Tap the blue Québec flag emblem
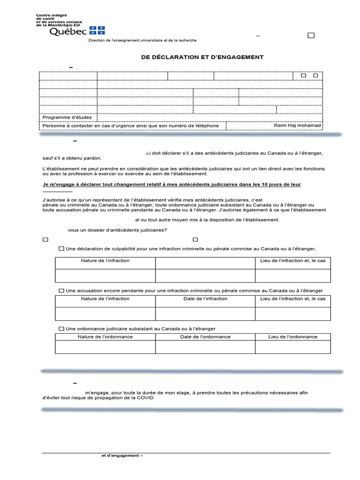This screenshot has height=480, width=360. coord(97,30)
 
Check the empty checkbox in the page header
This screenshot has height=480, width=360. coord(311,36)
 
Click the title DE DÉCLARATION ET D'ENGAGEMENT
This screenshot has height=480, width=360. coord(202,57)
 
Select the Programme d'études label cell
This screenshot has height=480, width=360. coord(68,117)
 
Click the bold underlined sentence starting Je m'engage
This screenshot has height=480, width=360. coord(172,185)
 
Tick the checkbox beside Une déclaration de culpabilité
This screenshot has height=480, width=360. coord(61,249)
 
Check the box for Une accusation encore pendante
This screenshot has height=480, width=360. coord(61,291)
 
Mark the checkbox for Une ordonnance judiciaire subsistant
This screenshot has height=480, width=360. coord(61,329)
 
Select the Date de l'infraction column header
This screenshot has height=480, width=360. coord(205,299)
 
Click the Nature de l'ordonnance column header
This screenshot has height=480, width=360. coord(105,337)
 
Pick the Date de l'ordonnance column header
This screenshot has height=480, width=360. coord(205,337)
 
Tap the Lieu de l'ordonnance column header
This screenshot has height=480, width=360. coord(292,337)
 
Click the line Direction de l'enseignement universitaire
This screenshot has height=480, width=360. coord(142,41)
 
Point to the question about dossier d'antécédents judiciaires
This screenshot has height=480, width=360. coord(117,230)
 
